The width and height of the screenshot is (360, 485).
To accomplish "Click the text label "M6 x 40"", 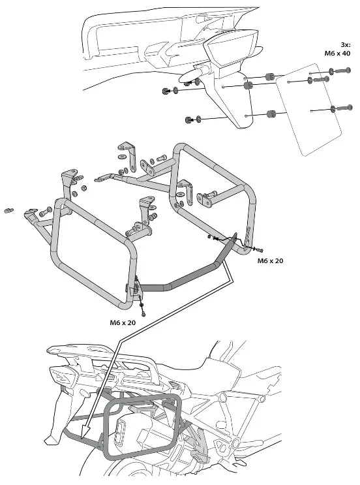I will (338, 54).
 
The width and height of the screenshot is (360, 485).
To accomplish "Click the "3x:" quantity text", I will (344, 44).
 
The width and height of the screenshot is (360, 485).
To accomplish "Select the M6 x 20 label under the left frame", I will (123, 322).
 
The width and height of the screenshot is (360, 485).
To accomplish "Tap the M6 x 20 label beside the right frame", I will (270, 261).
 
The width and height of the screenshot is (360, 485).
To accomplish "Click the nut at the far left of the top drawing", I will (164, 90).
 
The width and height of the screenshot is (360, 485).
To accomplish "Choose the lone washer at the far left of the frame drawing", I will (9, 210).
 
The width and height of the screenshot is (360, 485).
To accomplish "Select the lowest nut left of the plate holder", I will (190, 119).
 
